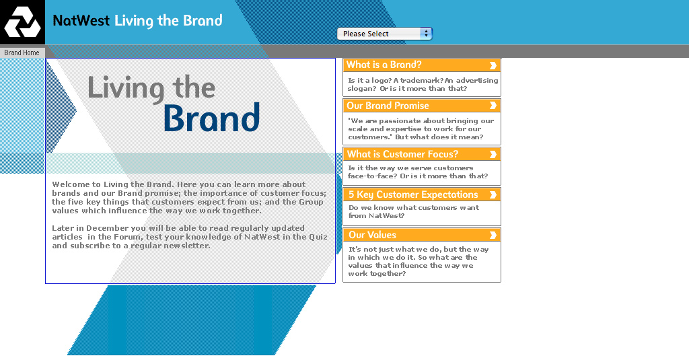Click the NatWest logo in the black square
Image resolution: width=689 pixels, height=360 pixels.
22,23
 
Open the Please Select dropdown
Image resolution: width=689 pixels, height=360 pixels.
384,34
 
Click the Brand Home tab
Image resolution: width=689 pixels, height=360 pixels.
22,52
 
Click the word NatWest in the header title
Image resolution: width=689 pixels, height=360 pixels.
81,20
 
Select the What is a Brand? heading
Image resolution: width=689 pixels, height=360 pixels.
384,65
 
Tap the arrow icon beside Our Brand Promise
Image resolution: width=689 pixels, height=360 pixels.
493,106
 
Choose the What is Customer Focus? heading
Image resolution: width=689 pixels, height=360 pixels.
402,154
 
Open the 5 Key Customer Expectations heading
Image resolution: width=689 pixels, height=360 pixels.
413,194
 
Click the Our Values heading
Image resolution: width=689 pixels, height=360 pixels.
372,235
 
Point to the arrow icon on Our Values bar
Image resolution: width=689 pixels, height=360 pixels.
493,235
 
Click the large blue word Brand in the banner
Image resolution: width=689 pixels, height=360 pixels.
212,117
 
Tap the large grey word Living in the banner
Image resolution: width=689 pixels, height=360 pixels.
126,88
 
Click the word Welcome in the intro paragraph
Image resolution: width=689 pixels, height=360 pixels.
71,184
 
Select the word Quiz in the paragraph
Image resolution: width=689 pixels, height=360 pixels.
318,237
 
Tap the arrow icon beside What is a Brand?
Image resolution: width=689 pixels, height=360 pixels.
493,65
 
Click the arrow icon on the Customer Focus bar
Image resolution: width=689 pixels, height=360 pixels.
493,154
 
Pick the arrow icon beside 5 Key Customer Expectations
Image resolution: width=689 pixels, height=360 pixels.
493,194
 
